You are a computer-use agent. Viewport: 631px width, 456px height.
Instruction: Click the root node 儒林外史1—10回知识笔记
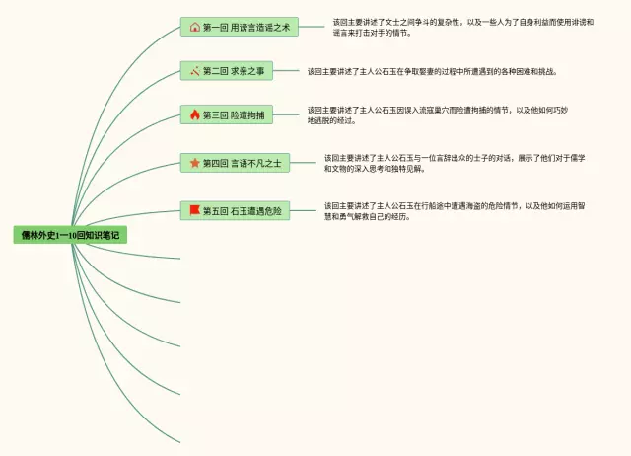(70, 236)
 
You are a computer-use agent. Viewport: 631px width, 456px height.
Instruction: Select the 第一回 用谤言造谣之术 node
(238, 27)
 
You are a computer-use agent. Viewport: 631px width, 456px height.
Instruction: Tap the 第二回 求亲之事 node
(227, 71)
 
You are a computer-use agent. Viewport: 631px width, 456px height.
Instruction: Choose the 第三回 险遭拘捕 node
(227, 114)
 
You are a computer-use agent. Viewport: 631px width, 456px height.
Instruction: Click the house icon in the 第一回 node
(194, 27)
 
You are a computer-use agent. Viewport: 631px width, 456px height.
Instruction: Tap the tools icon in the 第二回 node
(194, 71)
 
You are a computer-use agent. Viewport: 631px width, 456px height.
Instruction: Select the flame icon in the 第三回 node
(194, 114)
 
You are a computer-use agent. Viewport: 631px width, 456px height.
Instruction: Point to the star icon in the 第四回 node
(194, 163)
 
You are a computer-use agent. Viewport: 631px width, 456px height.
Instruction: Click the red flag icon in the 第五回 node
(194, 210)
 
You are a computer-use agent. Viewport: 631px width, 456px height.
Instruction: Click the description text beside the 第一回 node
(462, 27)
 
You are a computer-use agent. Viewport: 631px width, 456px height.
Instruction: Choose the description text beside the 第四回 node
(455, 163)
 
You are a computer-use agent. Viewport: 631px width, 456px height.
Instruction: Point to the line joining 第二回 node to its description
(288, 71)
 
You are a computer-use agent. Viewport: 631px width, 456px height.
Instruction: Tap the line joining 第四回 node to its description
(306, 163)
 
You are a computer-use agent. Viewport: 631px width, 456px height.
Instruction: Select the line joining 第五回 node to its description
(306, 210)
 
